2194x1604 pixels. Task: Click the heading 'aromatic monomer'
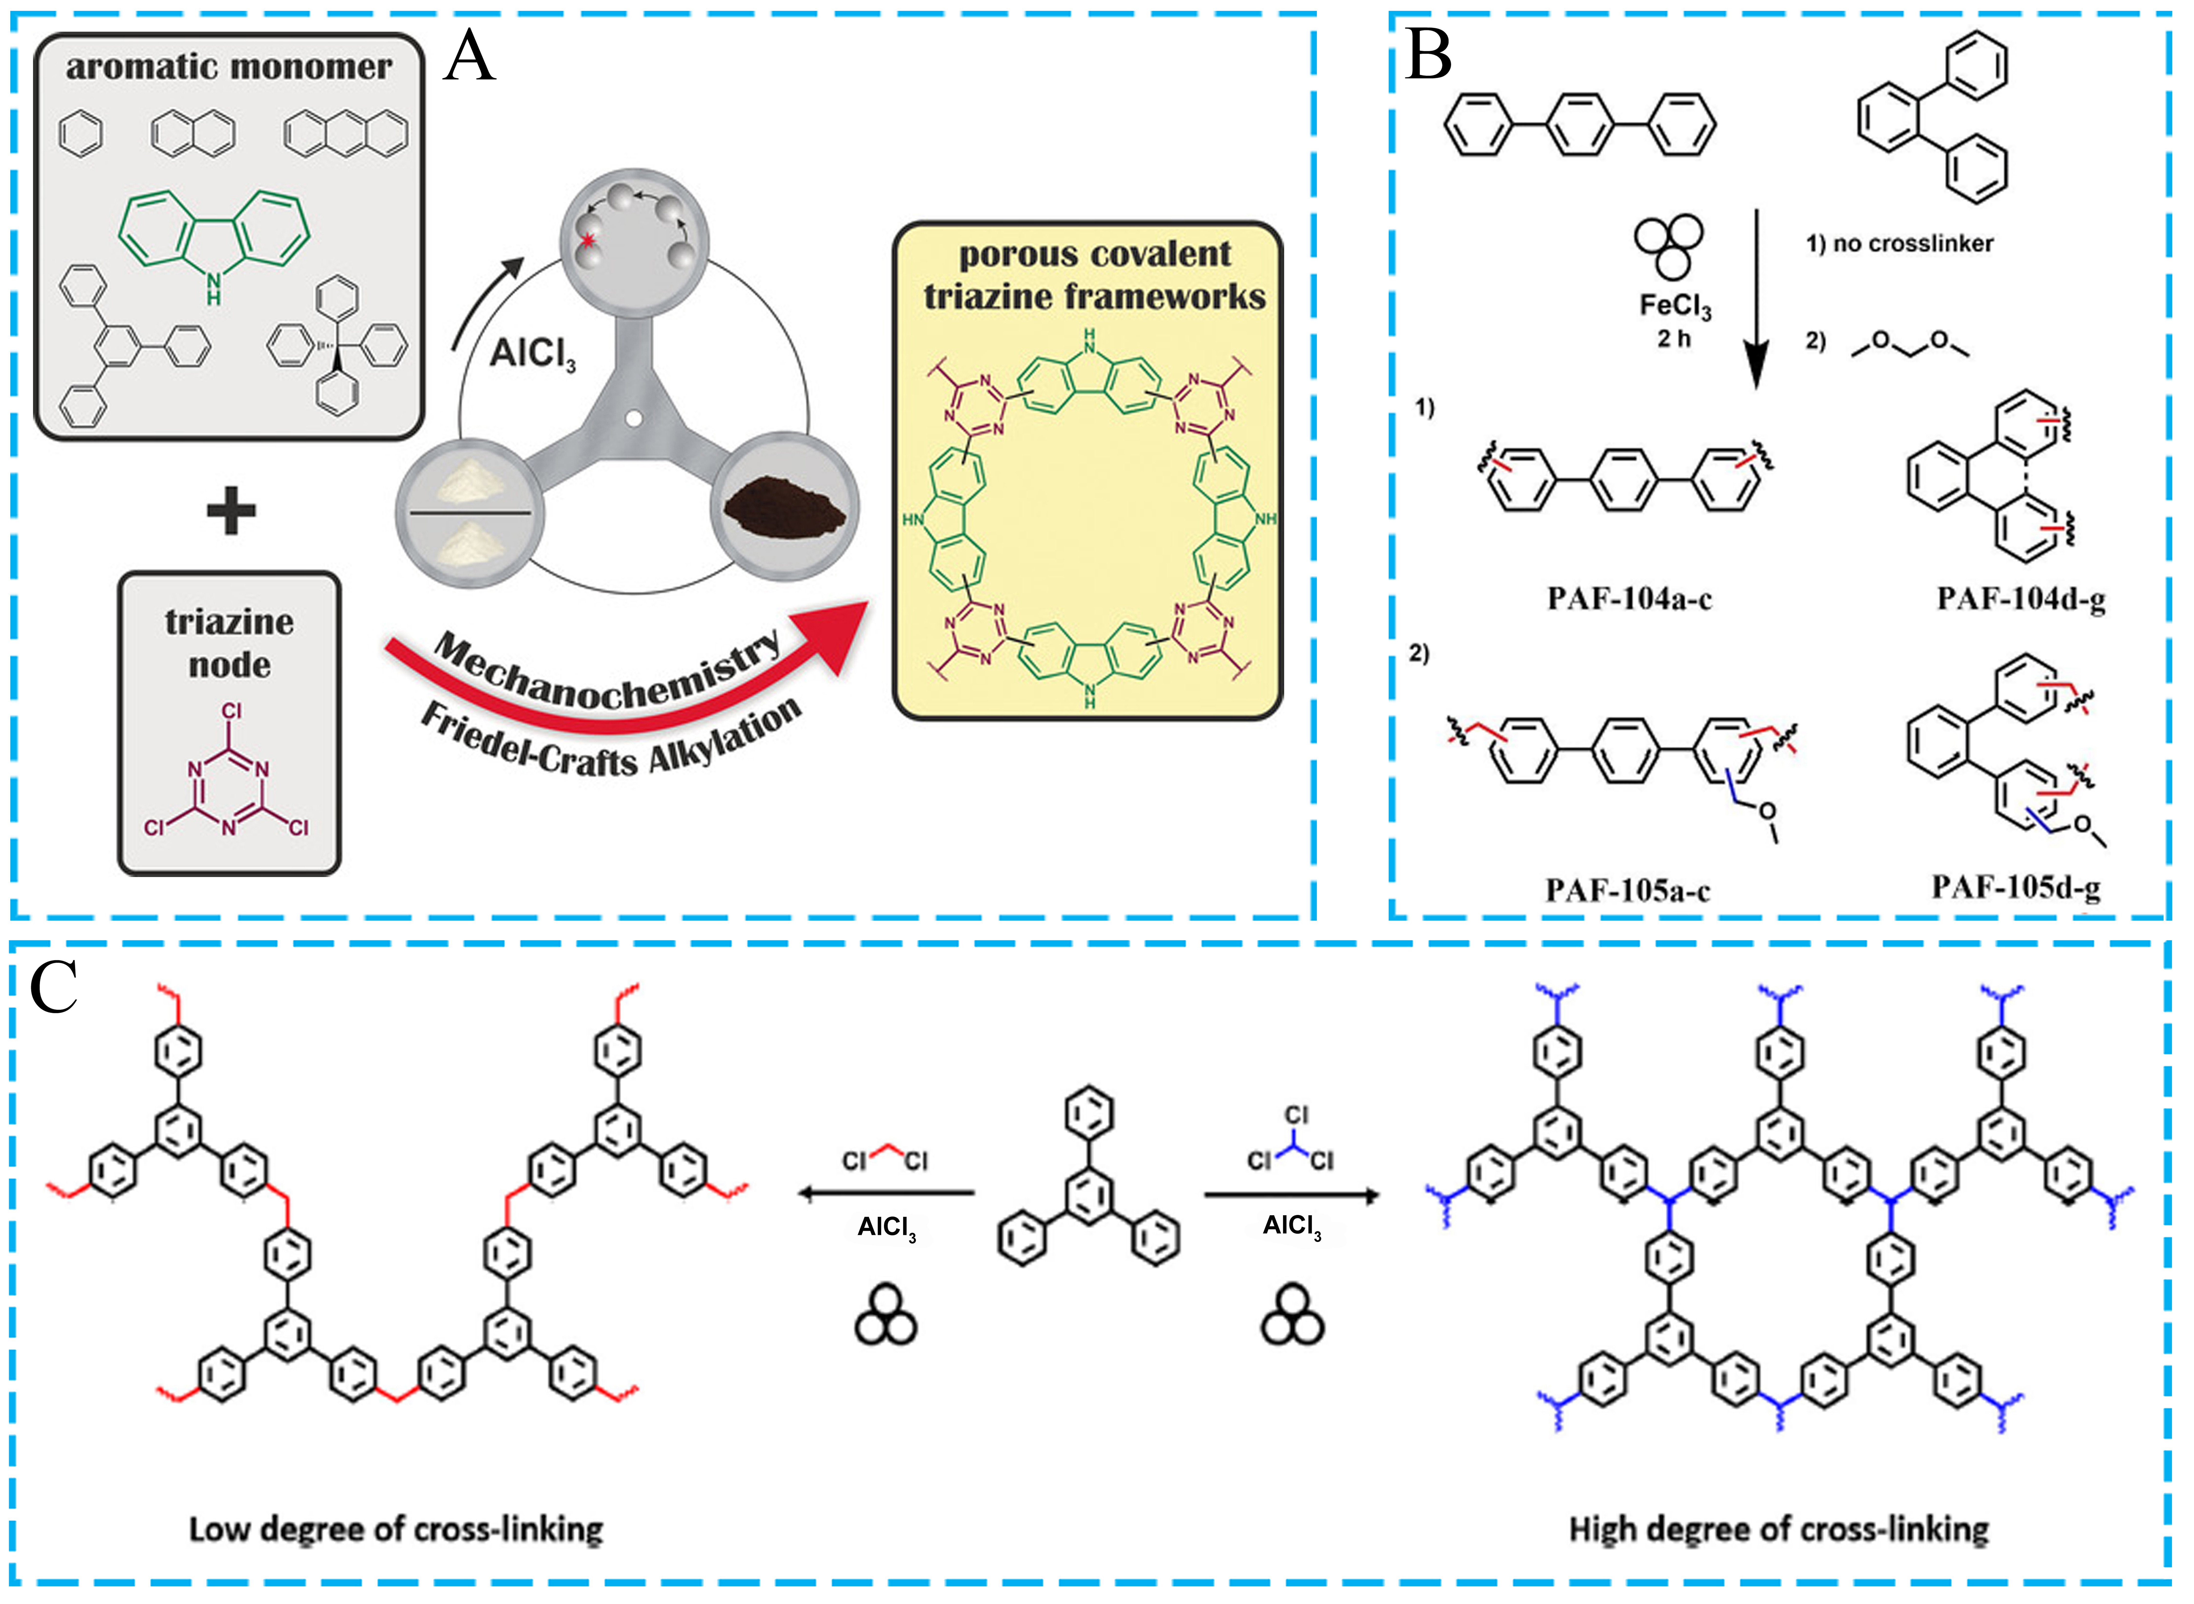click(229, 67)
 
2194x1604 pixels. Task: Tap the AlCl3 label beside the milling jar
click(532, 354)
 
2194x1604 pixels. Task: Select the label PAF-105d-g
click(2015, 887)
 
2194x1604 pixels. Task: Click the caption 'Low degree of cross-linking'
click(396, 1529)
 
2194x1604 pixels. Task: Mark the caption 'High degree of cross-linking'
click(1779, 1529)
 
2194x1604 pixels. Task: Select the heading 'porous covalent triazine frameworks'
click(1094, 275)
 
